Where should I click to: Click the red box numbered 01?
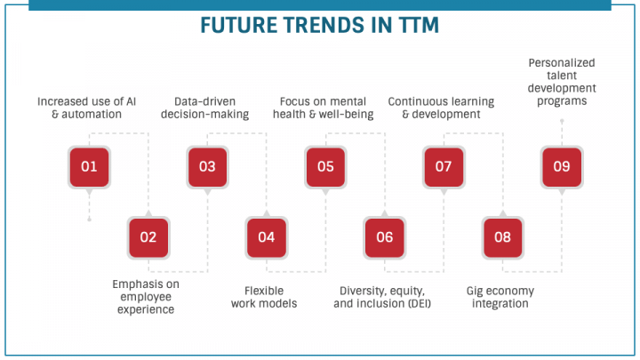click(x=89, y=166)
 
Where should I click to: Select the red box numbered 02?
click(x=148, y=237)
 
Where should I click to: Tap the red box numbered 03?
click(x=207, y=166)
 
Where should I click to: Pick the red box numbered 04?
click(x=267, y=237)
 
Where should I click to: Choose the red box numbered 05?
click(x=325, y=166)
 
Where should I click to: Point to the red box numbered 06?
click(x=384, y=237)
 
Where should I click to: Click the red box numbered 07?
click(x=444, y=166)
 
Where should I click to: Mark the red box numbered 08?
click(x=503, y=237)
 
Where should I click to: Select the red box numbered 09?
click(x=562, y=166)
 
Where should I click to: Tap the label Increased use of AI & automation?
click(x=87, y=108)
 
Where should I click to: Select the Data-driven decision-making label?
click(x=206, y=108)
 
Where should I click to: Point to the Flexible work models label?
click(x=264, y=297)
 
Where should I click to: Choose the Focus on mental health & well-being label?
click(x=324, y=108)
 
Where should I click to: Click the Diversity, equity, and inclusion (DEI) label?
click(x=383, y=297)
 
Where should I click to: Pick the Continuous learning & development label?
click(x=441, y=108)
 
